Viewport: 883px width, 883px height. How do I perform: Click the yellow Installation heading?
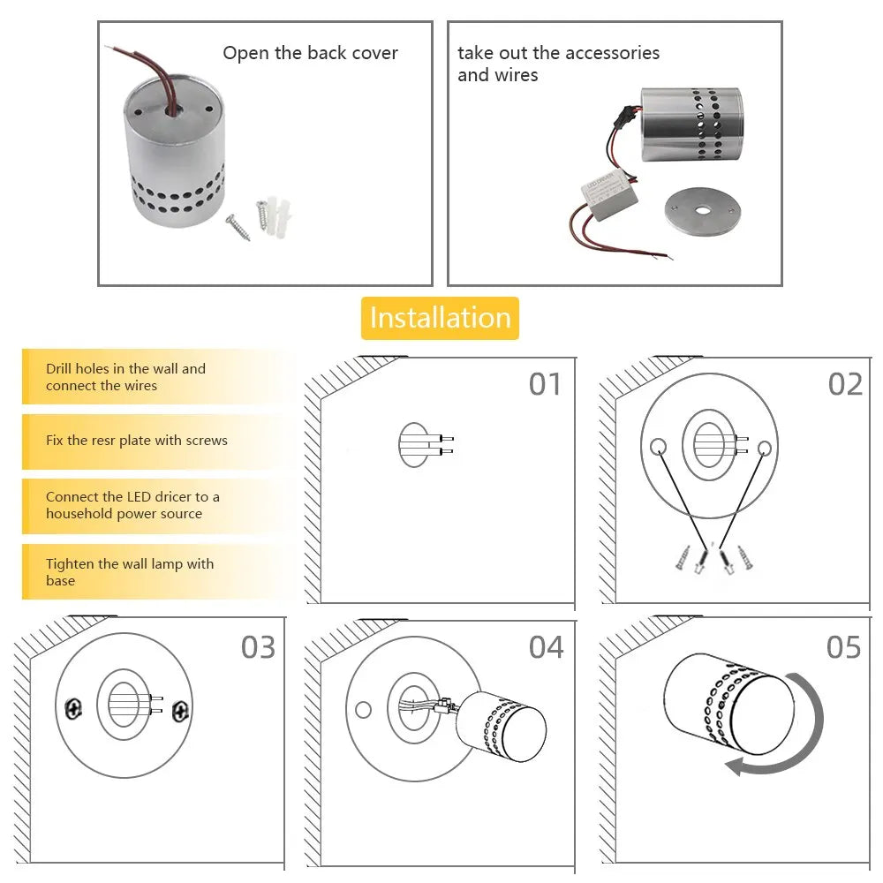[x=440, y=318]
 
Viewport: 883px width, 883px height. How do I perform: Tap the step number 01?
[x=545, y=384]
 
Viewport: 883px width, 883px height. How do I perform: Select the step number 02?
[x=845, y=384]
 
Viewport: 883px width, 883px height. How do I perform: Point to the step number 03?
[x=258, y=647]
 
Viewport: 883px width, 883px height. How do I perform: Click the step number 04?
[x=546, y=647]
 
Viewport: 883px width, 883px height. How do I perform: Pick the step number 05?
[x=843, y=647]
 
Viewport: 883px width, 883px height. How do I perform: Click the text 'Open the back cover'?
[x=310, y=53]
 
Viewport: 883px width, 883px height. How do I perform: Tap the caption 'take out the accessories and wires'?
[x=558, y=64]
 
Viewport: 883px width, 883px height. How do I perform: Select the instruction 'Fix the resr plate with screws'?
[x=137, y=440]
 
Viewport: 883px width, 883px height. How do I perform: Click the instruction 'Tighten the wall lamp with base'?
[x=130, y=572]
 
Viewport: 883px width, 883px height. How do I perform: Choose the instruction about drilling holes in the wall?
[x=125, y=377]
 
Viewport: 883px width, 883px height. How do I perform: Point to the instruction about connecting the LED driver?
[x=132, y=505]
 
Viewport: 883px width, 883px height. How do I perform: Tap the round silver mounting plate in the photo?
[x=704, y=212]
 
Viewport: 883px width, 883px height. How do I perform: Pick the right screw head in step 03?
[x=181, y=709]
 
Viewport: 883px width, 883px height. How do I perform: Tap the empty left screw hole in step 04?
[x=363, y=709]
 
